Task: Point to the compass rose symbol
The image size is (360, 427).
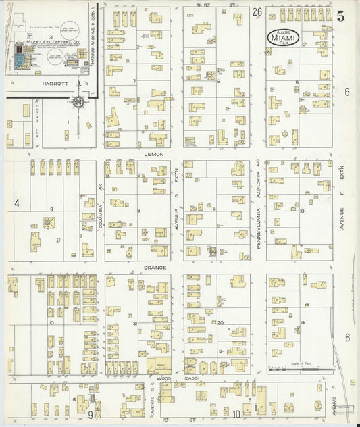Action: (x=78, y=102)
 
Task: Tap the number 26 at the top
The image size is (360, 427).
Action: (x=257, y=12)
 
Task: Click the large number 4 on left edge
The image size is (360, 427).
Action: (x=18, y=203)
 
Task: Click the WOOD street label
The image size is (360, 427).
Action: (x=162, y=380)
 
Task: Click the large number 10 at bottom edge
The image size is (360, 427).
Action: (x=236, y=413)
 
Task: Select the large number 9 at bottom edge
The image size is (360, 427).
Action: (x=90, y=413)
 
